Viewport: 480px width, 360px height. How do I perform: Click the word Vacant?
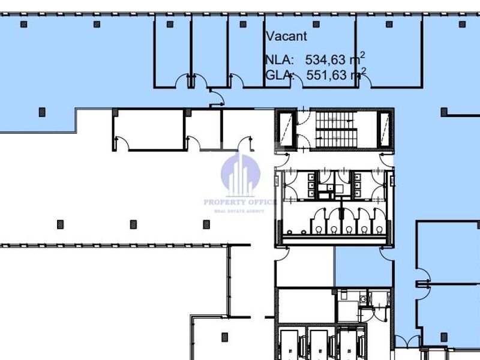(286, 36)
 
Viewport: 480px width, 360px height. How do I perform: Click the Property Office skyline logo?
(241, 175)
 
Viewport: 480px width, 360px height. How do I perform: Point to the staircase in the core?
(336, 130)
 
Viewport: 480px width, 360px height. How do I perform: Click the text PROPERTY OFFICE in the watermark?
(241, 202)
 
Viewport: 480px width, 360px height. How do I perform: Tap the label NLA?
(280, 59)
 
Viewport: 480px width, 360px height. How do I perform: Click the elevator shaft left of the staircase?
(286, 130)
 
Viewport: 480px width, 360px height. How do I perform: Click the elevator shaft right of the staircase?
(385, 130)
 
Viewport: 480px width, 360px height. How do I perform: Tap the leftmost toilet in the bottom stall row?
(319, 229)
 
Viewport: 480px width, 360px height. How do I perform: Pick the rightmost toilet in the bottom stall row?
(379, 229)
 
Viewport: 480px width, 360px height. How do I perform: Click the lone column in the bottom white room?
(224, 337)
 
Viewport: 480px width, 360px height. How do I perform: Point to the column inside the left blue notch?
(42, 112)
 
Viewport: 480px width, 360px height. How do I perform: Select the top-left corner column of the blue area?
(23, 24)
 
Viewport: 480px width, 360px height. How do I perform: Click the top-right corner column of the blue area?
(462, 24)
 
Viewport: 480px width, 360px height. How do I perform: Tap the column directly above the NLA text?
(316, 24)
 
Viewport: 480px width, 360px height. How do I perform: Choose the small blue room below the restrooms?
(364, 267)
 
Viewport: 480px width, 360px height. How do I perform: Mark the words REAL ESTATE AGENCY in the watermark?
(239, 211)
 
